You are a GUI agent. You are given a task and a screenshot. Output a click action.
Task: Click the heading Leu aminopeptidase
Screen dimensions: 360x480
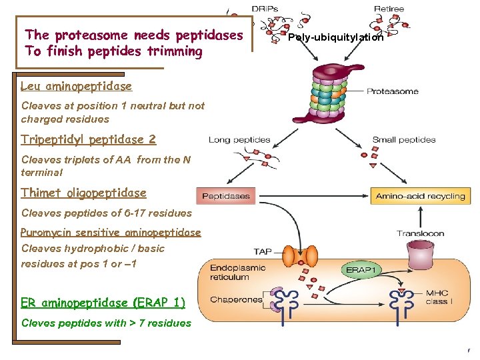[76, 86]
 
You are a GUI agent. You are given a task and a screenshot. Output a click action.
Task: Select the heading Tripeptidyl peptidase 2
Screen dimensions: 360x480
[88, 139]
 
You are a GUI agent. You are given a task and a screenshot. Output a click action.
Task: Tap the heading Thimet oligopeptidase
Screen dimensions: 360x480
[83, 193]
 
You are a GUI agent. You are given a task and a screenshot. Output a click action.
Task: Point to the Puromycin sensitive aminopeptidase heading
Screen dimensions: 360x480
[111, 232]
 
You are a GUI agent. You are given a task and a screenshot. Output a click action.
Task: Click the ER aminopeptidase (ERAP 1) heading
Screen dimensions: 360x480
[103, 303]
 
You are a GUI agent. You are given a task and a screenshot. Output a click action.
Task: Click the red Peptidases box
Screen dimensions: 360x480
[226, 196]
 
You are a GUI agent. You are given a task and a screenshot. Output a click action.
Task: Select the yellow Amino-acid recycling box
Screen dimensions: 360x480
[420, 196]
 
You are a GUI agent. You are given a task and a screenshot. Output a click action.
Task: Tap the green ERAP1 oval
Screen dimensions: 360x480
[361, 269]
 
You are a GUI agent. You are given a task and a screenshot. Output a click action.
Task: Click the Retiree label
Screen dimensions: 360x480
[389, 9]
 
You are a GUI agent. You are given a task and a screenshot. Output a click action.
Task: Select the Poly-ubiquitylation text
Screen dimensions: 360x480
[335, 37]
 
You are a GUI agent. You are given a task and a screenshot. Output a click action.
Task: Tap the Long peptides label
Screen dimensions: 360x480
[239, 140]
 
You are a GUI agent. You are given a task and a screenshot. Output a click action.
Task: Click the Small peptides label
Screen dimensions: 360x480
[404, 140]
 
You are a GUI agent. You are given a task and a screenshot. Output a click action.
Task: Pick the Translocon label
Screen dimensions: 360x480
[420, 233]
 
